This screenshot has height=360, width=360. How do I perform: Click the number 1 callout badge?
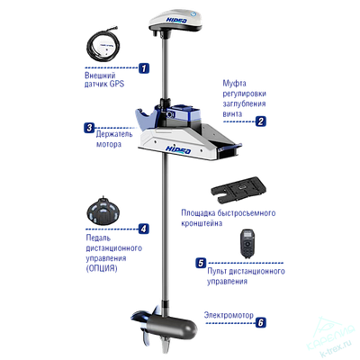tap(143, 67)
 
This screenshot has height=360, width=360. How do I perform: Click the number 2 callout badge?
tap(259, 120)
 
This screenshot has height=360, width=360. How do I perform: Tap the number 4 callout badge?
tap(142, 229)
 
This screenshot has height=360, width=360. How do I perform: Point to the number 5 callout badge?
tap(202, 262)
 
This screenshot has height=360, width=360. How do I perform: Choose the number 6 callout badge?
tap(260, 321)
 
